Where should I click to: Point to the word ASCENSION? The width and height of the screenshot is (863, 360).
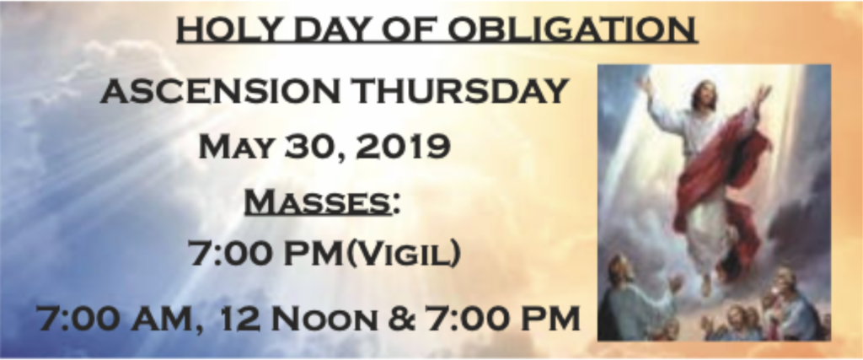tap(220, 91)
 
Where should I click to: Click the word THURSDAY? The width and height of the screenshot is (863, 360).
tap(461, 91)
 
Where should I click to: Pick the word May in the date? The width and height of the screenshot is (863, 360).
tap(237, 147)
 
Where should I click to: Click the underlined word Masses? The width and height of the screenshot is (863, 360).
tap(318, 202)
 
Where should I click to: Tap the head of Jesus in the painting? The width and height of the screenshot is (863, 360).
tap(704, 96)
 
